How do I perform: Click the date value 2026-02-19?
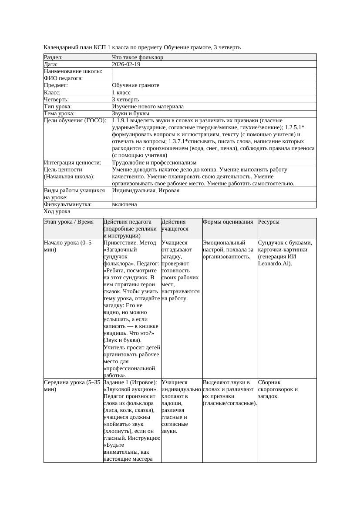(x=126, y=64)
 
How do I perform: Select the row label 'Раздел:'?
(x=54, y=57)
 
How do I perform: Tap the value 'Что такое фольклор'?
(x=138, y=57)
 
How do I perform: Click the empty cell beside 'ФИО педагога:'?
(x=214, y=78)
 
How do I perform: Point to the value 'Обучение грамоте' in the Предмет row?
(x=135, y=85)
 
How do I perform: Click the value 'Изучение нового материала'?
(x=148, y=107)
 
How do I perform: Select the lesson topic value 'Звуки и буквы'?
(x=131, y=114)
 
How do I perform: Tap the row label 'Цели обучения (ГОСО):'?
(x=75, y=121)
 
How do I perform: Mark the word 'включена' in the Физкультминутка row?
(x=124, y=204)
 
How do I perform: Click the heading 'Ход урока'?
(x=57, y=211)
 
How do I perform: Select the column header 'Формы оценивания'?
(x=228, y=222)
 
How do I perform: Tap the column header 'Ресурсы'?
(x=269, y=222)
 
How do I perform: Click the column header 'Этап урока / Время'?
(x=69, y=222)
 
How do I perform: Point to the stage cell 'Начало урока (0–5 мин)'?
(x=68, y=246)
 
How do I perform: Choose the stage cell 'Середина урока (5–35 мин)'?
(x=72, y=385)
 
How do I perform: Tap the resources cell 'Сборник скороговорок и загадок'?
(x=278, y=389)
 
